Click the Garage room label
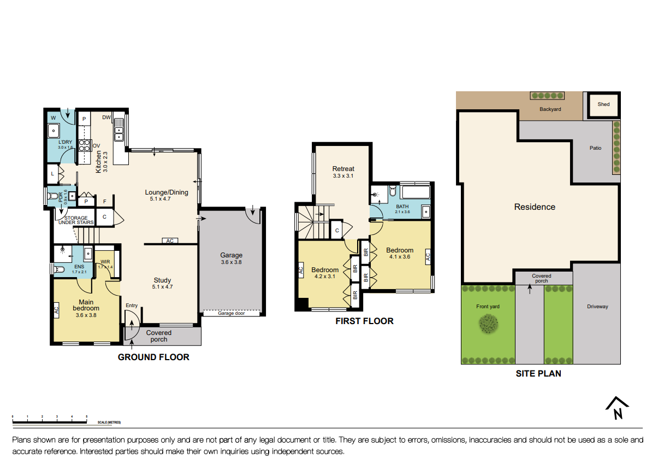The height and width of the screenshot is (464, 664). click(x=231, y=255)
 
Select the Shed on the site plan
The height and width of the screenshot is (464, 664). click(x=603, y=104)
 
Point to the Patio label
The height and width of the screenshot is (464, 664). click(x=595, y=148)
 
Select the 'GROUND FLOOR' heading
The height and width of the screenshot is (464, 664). click(x=153, y=357)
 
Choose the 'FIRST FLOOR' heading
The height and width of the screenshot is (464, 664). click(x=364, y=321)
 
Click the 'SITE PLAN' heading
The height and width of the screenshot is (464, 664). click(x=538, y=374)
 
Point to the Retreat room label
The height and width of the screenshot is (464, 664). click(x=343, y=169)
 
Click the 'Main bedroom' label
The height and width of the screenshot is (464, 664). click(x=86, y=306)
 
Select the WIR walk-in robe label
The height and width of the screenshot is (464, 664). click(x=105, y=262)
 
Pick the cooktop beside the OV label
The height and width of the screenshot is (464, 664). click(x=85, y=145)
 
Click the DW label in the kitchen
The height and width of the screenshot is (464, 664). click(x=106, y=118)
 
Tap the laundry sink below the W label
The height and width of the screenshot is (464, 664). click(x=54, y=131)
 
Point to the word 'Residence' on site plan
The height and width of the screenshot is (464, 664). click(x=535, y=207)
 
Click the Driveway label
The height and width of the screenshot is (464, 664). click(x=597, y=307)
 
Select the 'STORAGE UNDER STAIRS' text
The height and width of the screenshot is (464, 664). click(x=73, y=220)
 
